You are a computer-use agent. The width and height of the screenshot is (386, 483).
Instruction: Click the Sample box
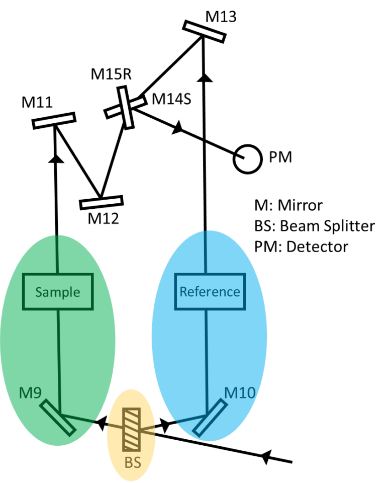58,292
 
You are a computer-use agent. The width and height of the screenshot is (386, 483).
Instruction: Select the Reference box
210,292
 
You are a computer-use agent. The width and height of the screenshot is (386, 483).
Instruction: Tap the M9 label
30,393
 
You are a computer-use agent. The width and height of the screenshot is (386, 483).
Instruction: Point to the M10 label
239,393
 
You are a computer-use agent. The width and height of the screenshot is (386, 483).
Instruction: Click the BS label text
132,462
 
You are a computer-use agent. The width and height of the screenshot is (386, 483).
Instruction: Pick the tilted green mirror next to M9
58,418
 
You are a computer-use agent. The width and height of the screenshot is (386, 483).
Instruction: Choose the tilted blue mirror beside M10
210,417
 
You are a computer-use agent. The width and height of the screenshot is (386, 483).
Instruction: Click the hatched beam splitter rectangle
132,430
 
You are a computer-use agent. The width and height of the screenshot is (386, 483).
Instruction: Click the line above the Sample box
57,254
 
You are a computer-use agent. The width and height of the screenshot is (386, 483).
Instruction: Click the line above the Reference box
206,252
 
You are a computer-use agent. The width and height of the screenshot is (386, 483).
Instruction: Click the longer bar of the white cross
126,108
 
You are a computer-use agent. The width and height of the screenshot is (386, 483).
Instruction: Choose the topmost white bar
204,32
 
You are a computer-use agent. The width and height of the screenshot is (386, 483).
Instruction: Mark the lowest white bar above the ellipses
102,202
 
